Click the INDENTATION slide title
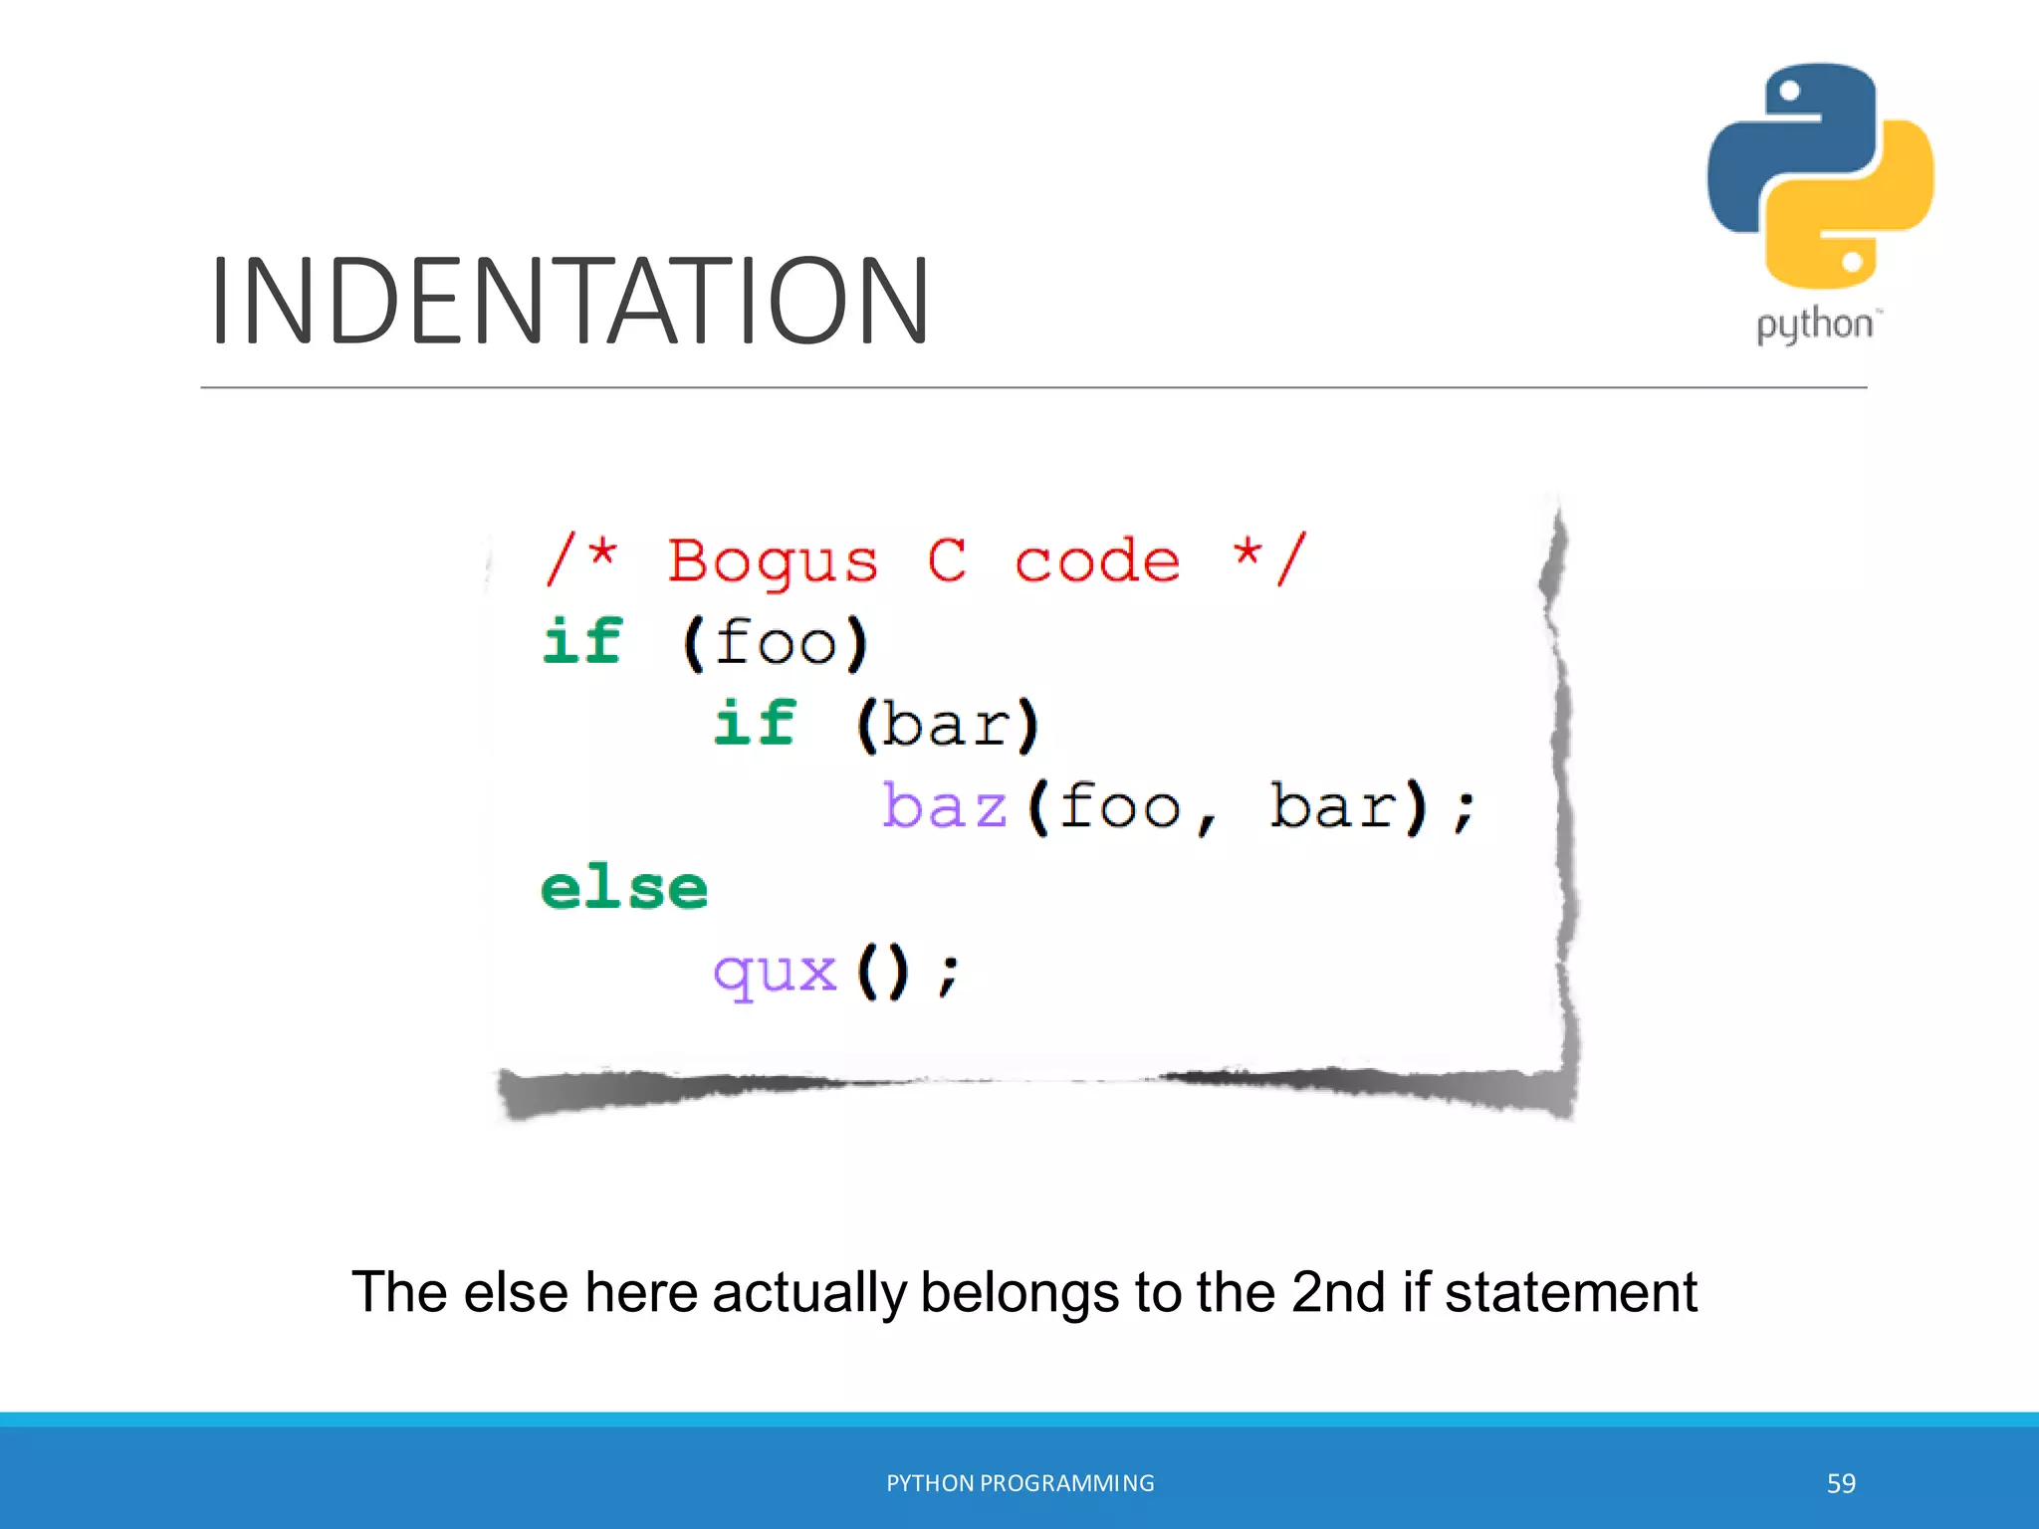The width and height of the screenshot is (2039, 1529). click(569, 301)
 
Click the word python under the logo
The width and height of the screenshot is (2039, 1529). click(1814, 326)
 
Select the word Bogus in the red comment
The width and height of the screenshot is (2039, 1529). click(773, 562)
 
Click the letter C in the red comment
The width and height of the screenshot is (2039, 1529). click(946, 560)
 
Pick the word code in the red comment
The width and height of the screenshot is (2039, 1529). click(1097, 562)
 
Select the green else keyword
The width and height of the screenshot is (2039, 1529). click(624, 888)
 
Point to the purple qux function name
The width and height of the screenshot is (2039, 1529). click(776, 973)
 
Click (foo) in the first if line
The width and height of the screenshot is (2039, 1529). click(776, 643)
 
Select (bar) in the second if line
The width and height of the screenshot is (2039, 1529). click(948, 724)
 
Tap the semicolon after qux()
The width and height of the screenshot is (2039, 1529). click(949, 975)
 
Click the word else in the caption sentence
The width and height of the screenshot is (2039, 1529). click(516, 1293)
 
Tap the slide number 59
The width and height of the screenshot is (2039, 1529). click(1841, 1483)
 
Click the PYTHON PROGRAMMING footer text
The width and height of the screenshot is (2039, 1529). click(1019, 1483)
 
